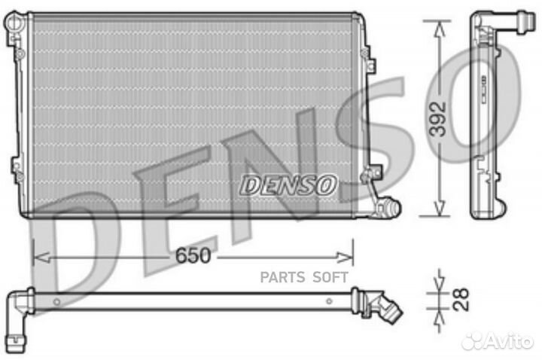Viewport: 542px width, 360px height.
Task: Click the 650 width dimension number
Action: point(193,256)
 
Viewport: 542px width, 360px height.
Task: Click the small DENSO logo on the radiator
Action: point(288,185)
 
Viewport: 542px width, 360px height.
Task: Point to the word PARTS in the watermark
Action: point(283,278)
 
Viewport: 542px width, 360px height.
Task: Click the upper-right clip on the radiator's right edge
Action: point(365,54)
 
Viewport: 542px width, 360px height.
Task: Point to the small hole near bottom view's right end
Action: point(329,301)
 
